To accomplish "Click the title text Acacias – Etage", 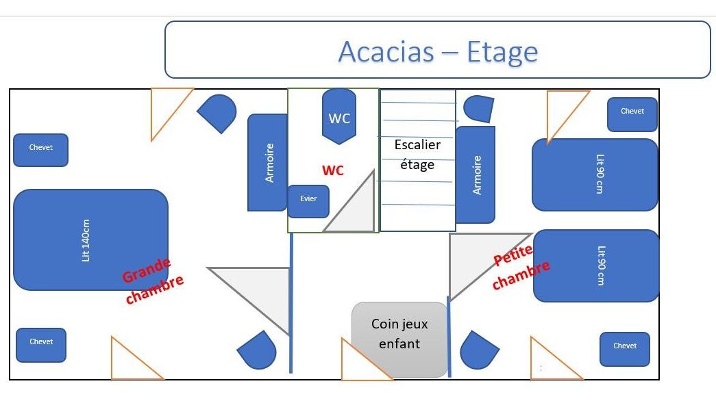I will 438,51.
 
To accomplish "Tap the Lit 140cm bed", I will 90,240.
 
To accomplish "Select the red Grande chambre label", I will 153,281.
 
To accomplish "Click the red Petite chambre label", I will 521,268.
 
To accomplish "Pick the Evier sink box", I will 308,201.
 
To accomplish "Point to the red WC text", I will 333,170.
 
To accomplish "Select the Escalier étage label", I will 417,155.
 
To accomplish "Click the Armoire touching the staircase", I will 476,174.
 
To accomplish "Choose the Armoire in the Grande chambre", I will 268,162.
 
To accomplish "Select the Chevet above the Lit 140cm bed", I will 41,150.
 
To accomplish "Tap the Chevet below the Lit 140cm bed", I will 41,344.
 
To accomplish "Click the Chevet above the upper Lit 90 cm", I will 632,114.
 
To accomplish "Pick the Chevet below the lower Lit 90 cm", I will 625,349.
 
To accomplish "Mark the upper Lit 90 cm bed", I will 595,174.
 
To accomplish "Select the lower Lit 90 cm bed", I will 596,266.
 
